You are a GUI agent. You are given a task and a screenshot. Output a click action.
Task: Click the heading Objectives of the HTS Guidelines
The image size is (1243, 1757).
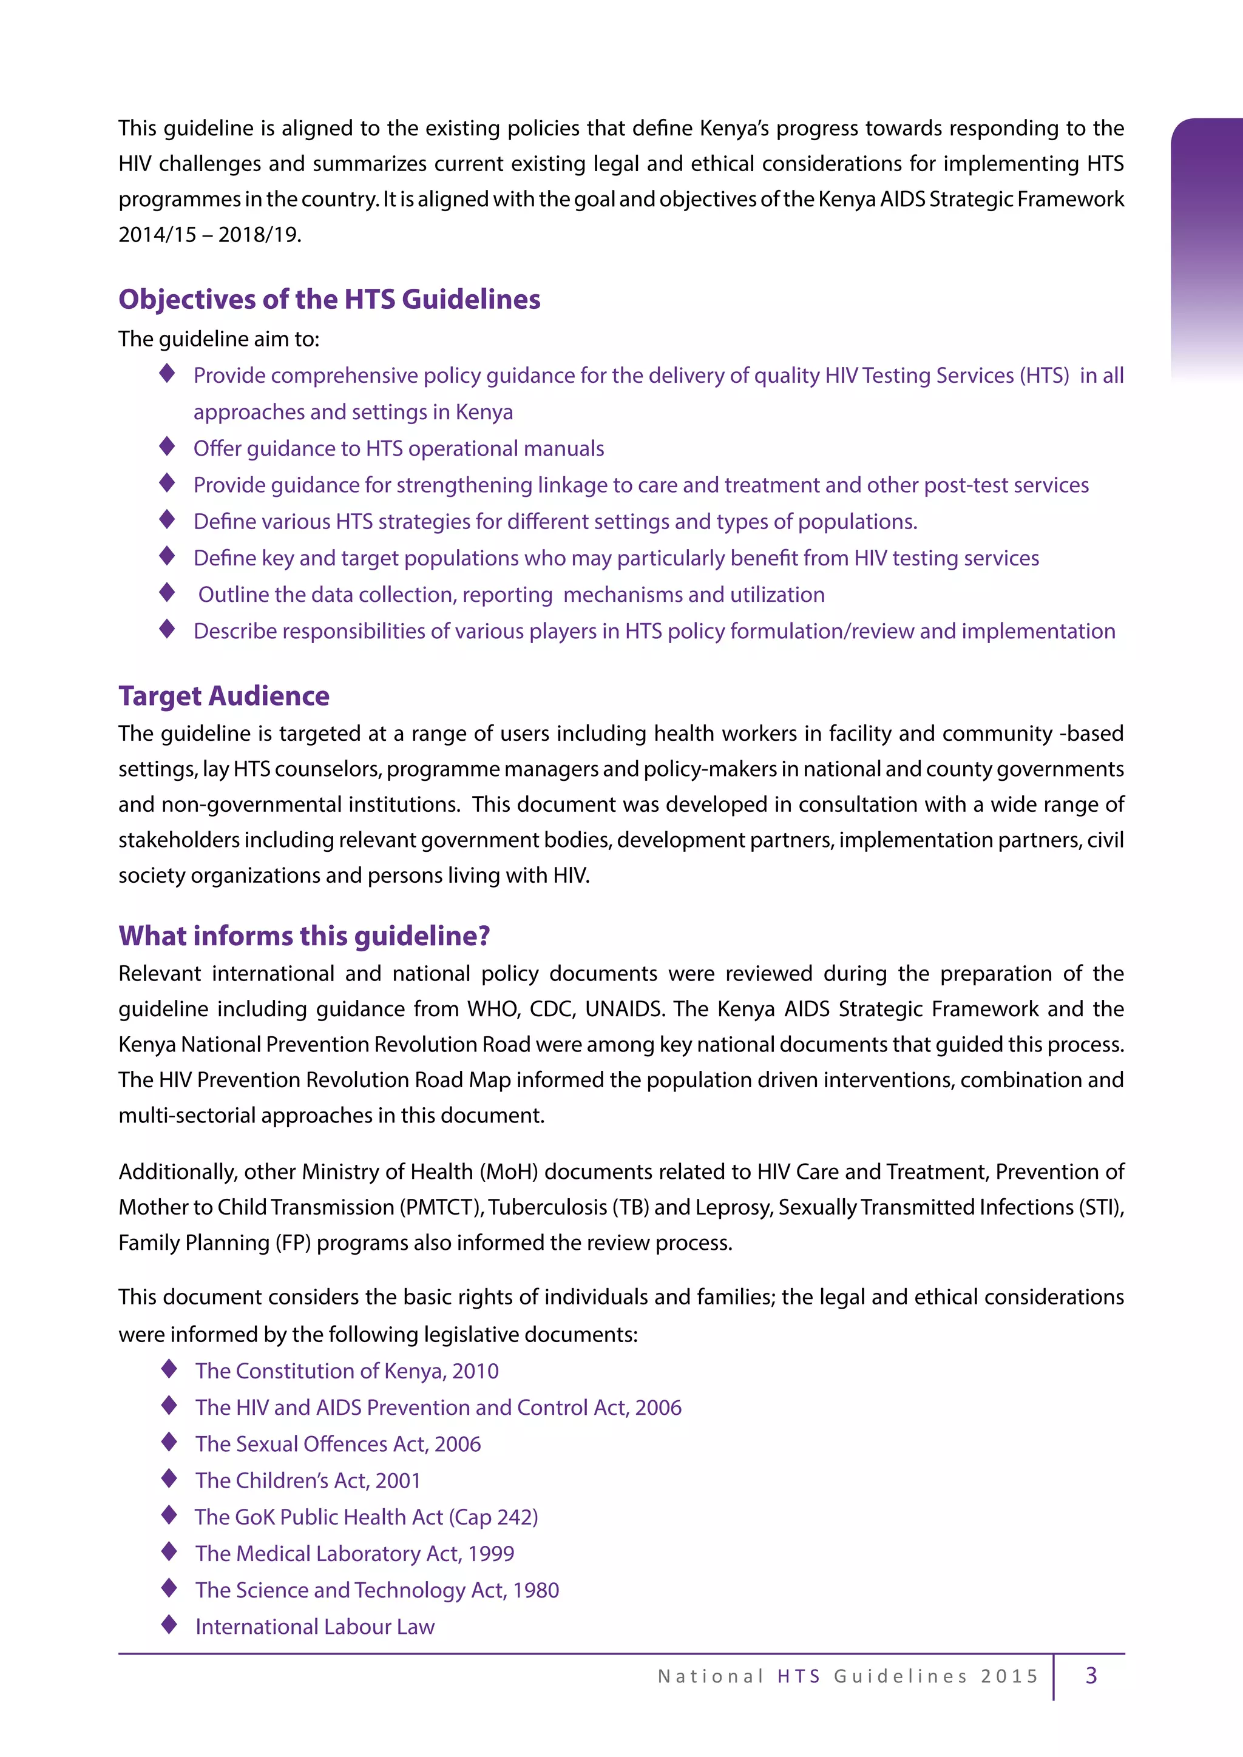(x=329, y=299)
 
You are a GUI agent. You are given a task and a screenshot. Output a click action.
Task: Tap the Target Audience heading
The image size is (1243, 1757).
(x=223, y=696)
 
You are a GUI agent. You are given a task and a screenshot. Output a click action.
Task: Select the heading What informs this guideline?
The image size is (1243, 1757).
(x=304, y=936)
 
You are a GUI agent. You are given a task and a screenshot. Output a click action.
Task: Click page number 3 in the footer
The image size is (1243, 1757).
(x=1091, y=1675)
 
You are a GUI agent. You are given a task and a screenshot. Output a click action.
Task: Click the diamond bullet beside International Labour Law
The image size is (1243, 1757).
(x=169, y=1625)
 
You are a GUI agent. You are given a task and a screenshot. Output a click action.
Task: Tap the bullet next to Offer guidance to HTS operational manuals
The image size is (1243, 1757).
(x=167, y=446)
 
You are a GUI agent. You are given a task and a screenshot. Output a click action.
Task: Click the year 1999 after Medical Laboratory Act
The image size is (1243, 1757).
(x=490, y=1553)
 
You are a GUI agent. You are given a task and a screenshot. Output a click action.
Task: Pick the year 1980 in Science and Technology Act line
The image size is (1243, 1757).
(x=536, y=1590)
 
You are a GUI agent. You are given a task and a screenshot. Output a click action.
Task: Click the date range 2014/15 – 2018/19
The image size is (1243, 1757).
(x=210, y=235)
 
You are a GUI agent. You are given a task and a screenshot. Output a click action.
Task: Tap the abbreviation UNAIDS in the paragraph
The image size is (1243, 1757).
(x=625, y=1008)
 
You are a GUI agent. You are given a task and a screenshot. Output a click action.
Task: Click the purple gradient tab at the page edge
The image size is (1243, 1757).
(x=1206, y=245)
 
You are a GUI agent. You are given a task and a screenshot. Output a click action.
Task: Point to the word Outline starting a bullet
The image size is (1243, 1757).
(x=235, y=595)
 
